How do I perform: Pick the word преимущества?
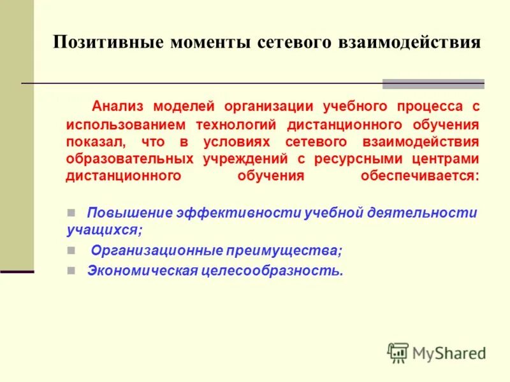click(x=284, y=250)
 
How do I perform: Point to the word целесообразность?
click(x=273, y=270)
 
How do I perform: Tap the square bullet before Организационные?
click(x=71, y=250)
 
